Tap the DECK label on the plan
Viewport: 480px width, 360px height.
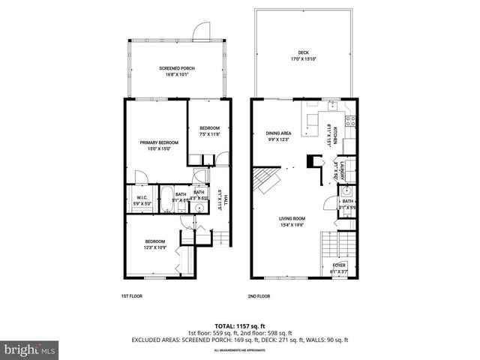(x=303, y=53)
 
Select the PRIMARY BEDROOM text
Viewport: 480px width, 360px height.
(x=157, y=142)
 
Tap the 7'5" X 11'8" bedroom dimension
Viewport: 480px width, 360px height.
(x=209, y=133)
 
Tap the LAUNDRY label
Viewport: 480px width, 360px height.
(x=341, y=170)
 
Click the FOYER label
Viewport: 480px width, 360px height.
(x=340, y=265)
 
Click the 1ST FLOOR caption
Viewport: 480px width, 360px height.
(x=132, y=295)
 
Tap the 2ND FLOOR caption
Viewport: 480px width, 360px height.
(x=259, y=295)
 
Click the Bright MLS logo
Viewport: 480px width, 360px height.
(x=29, y=349)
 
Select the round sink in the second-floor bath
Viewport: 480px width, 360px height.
(x=347, y=192)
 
